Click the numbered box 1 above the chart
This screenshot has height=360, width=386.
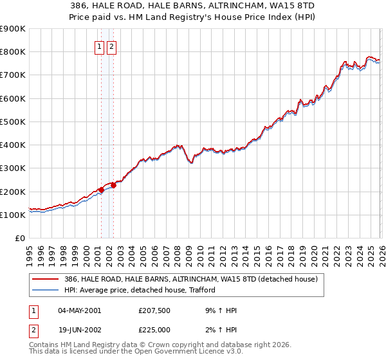coord(100,47)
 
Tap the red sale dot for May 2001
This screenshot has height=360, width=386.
coord(101,190)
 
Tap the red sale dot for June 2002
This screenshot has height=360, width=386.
coord(113,186)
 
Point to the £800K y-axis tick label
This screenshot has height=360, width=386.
coord(12,52)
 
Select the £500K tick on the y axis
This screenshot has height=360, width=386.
coord(12,122)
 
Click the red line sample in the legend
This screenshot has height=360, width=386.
coord(46,280)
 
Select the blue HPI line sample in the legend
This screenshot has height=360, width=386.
coord(46,290)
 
